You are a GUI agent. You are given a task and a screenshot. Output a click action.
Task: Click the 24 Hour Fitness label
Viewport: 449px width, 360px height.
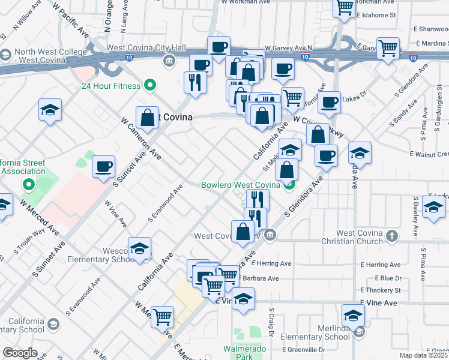tap(112, 85)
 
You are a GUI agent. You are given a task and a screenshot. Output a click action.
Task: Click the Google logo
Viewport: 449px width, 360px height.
tap(20, 353)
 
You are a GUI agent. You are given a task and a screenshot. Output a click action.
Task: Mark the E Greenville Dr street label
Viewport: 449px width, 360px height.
tap(305, 349)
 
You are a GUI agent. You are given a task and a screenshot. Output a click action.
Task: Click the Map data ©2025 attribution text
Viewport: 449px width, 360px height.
tap(423, 355)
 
